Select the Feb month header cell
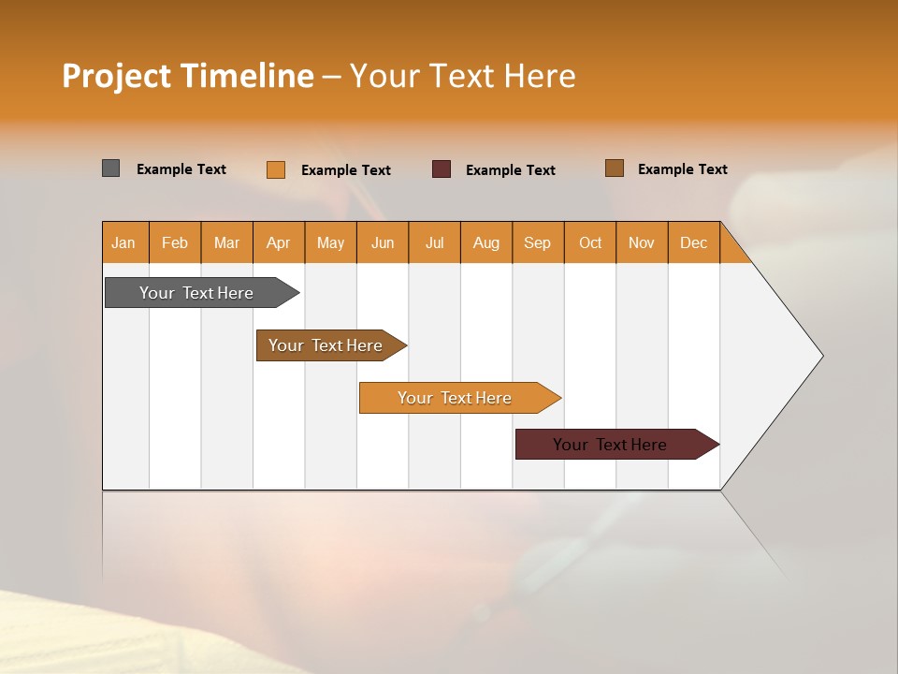(x=175, y=242)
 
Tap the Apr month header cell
(x=279, y=242)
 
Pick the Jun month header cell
(x=383, y=242)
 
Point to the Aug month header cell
(x=486, y=242)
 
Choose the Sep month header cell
(x=538, y=242)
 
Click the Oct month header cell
(x=590, y=242)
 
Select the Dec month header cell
(x=694, y=242)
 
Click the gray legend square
(x=111, y=168)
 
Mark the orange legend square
(x=276, y=169)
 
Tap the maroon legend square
(x=442, y=169)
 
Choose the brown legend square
(x=615, y=168)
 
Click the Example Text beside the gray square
(x=181, y=169)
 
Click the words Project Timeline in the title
(x=187, y=76)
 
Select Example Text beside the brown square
(x=683, y=169)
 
